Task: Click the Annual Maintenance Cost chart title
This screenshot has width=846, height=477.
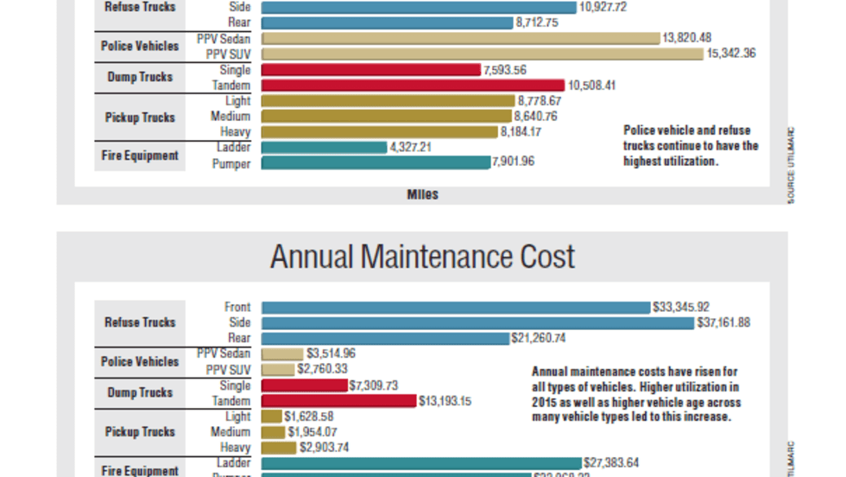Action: pyautogui.click(x=422, y=257)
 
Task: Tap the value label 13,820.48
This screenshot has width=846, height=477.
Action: pyautogui.click(x=687, y=38)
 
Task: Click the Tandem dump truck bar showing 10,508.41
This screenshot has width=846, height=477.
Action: pyautogui.click(x=413, y=85)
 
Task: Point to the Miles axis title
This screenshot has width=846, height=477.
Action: pyautogui.click(x=422, y=194)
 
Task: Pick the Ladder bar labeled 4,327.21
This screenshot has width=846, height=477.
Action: pyautogui.click(x=324, y=147)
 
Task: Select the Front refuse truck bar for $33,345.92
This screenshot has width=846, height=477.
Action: pyautogui.click(x=455, y=307)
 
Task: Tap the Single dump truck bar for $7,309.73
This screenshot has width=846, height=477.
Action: pyautogui.click(x=304, y=385)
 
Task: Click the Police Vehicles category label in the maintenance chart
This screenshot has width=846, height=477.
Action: pyautogui.click(x=140, y=361)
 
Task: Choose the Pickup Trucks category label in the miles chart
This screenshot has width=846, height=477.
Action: pyautogui.click(x=140, y=117)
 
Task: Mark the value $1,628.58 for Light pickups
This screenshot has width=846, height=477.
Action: pyautogui.click(x=309, y=417)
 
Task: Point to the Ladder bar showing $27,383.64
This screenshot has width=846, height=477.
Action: pyautogui.click(x=421, y=463)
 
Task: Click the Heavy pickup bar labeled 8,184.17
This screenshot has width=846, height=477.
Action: pyautogui.click(x=379, y=131)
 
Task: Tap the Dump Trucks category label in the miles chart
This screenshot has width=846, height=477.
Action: pyautogui.click(x=140, y=77)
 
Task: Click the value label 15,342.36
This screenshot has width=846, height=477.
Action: pyautogui.click(x=734, y=54)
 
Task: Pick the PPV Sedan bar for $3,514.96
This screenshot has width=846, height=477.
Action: pyautogui.click(x=282, y=353)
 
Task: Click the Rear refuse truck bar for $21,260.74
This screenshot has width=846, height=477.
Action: pyautogui.click(x=385, y=338)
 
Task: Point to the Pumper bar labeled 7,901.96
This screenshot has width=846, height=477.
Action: pyautogui.click(x=376, y=162)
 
